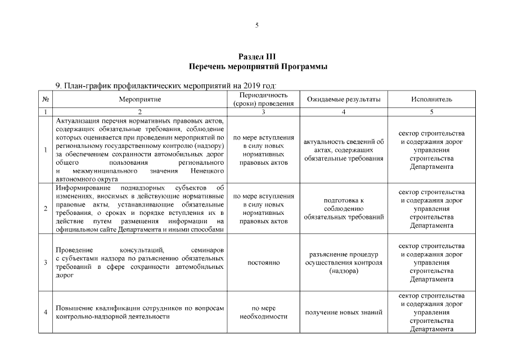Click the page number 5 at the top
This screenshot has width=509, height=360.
(x=256, y=25)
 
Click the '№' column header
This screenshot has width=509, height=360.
(x=45, y=99)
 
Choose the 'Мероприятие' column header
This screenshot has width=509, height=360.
(x=140, y=99)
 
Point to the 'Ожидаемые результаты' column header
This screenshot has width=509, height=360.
(x=344, y=99)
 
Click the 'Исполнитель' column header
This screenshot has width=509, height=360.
(x=431, y=99)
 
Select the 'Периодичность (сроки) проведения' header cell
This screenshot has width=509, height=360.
(x=264, y=99)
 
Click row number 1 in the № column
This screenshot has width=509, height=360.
(x=45, y=150)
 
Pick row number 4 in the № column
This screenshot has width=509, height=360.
(x=45, y=312)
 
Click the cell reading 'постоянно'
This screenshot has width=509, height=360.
(x=264, y=263)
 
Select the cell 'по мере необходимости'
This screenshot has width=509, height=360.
(x=264, y=312)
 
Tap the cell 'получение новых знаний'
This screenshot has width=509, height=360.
(x=344, y=312)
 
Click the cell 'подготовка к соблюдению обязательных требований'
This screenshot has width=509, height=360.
(x=344, y=208)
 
